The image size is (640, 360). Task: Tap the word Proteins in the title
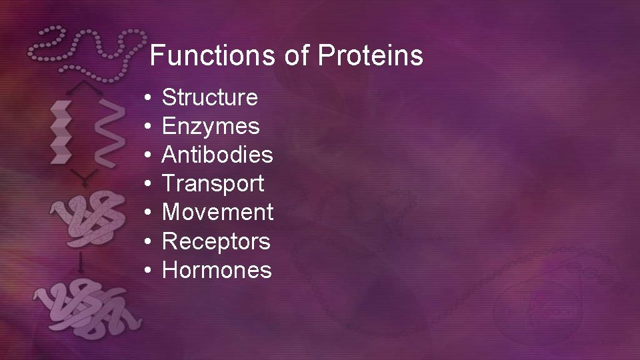tap(370, 57)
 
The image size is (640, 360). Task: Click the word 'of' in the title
tap(296, 57)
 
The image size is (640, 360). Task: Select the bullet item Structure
tap(210, 98)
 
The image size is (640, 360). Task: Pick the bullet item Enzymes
tap(211, 127)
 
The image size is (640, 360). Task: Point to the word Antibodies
tap(217, 155)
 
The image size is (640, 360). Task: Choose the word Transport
tap(213, 184)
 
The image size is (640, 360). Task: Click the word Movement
tap(218, 213)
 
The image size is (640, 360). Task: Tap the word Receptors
tap(217, 241)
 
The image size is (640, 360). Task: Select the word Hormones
tap(217, 270)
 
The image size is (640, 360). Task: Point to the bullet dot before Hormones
tap(148, 271)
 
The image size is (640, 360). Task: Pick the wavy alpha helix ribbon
tap(106, 131)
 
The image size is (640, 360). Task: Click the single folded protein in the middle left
tap(87, 213)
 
